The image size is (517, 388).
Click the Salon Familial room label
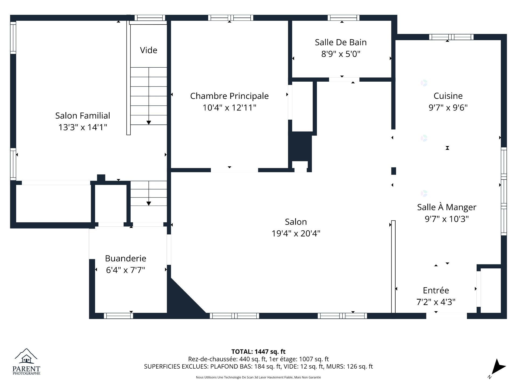83,116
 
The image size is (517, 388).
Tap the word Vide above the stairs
148,50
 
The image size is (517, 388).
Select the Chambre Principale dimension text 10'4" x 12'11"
229,108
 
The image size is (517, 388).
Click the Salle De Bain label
341,42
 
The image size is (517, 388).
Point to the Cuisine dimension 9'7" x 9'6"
448,108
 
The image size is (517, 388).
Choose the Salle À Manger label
446,207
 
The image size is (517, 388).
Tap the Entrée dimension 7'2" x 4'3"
436,302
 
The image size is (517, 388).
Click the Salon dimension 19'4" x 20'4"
296,233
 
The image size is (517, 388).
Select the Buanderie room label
125,258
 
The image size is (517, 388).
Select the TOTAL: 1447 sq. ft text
258,352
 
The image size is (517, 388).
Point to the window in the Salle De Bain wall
343,18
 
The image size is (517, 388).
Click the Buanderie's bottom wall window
118,316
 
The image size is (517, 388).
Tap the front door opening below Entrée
446,316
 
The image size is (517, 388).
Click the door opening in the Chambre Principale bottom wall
234,170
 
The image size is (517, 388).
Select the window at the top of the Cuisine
451,37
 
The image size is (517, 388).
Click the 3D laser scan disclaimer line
258,377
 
